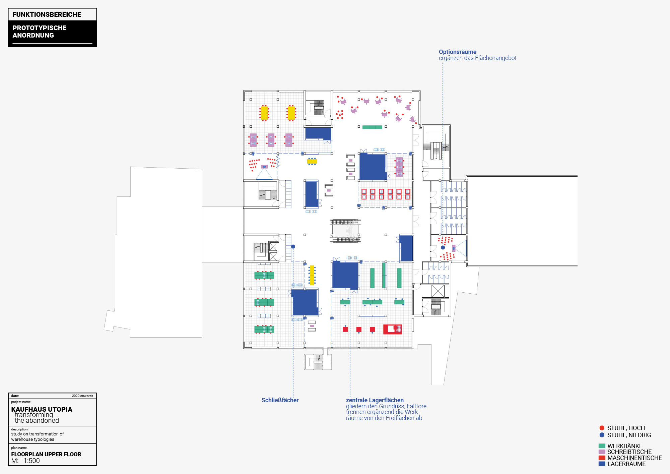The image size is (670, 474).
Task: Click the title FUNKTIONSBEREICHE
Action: coord(47,14)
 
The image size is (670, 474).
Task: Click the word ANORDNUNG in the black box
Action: coord(33,35)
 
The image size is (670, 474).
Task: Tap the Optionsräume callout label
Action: coord(457,52)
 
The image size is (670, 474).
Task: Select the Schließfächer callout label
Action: coord(280,400)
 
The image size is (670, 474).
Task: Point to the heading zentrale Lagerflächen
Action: coord(375,400)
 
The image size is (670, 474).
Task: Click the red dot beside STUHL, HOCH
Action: coord(602,428)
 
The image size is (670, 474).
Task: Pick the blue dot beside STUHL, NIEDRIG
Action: coord(602,435)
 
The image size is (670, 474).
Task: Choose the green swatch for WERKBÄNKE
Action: coord(602,446)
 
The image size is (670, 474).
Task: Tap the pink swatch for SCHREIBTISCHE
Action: coord(602,452)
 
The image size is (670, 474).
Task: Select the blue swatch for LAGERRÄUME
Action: coord(602,464)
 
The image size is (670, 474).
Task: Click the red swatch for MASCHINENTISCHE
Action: coord(602,458)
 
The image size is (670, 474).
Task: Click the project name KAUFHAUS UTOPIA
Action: coord(42,409)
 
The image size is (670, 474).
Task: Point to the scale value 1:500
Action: coord(31,461)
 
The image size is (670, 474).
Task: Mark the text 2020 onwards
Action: coord(82,396)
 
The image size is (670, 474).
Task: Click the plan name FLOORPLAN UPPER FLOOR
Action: coord(46,454)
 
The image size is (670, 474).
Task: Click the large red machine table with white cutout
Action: coord(392,329)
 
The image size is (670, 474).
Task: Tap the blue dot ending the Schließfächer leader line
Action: coord(293,247)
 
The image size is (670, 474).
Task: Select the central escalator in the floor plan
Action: coord(345,231)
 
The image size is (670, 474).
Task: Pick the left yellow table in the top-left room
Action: coord(264,113)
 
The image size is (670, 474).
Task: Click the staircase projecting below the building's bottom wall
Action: coord(318,362)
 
